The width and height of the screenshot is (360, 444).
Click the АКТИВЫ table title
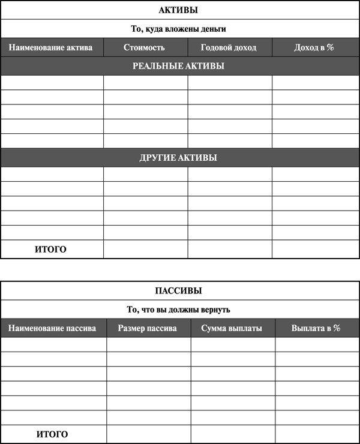pos(178,10)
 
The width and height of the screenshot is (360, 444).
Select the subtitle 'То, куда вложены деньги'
pos(178,28)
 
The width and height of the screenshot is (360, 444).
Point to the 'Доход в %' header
pos(314,47)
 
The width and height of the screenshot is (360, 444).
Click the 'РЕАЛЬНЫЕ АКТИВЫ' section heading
pos(178,66)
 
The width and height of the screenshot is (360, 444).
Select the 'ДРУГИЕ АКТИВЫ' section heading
pos(178,158)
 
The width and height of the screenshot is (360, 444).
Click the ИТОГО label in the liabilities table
pos(52,434)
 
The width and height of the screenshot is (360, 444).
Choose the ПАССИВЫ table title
pos(178,291)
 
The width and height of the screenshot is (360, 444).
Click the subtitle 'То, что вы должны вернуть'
pos(178,310)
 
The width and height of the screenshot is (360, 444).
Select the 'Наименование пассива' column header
pos(52,328)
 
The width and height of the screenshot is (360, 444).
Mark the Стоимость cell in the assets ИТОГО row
pos(145,249)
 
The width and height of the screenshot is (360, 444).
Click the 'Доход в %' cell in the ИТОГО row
pos(315,249)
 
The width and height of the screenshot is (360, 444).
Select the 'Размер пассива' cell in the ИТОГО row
pos(149,434)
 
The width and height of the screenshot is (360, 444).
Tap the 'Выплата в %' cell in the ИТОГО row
pos(317,434)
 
